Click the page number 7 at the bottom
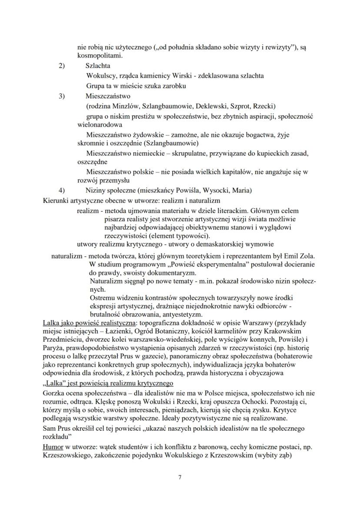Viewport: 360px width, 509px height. tap(180, 477)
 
